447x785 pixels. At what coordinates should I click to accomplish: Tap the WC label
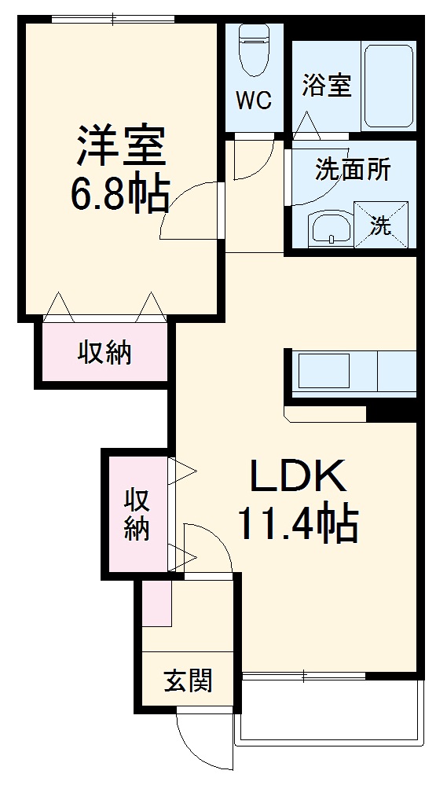(x=254, y=101)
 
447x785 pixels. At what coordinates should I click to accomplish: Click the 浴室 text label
(x=326, y=86)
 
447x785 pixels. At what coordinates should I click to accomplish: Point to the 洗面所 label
(x=353, y=170)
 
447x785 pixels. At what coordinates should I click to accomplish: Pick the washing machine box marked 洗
(x=382, y=226)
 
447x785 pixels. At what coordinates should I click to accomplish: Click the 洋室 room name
(x=119, y=145)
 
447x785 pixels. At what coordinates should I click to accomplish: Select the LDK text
(x=298, y=475)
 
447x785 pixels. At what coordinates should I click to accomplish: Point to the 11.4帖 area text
(x=298, y=524)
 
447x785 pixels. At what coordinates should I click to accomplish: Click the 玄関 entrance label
(x=188, y=680)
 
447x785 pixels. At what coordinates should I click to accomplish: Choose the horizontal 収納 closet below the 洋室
(x=104, y=354)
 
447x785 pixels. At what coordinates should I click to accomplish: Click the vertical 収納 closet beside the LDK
(x=137, y=514)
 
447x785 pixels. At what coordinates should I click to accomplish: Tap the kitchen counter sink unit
(x=350, y=370)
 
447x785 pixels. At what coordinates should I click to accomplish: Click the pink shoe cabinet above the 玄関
(x=157, y=603)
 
